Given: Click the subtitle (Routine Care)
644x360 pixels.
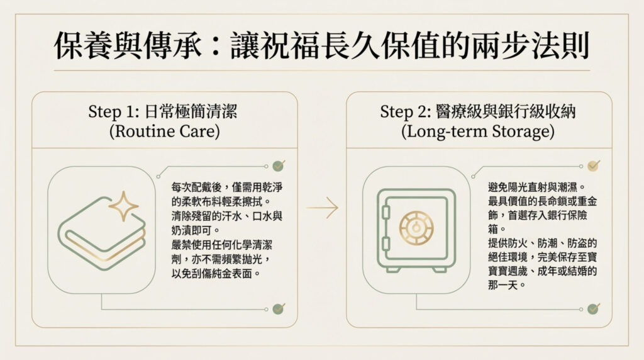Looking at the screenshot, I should (164, 133).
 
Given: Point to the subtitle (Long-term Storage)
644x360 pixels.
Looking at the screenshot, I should (478, 133).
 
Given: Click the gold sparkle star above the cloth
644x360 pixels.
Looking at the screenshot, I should (123, 207).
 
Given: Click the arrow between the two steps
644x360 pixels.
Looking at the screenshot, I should (322, 208).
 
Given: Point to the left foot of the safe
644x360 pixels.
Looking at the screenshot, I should (392, 269).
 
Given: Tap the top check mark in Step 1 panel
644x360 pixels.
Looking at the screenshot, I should (278, 166).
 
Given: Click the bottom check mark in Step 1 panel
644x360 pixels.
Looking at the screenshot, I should (278, 308).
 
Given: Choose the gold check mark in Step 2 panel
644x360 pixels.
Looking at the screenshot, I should (592, 166).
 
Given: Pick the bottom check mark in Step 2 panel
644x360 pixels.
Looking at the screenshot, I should (592, 308).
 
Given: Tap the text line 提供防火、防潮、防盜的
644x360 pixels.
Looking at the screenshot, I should (541, 242).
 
